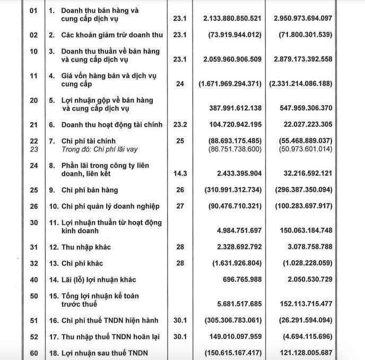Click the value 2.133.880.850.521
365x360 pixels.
tap(232, 18)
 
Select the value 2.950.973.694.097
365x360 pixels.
tap(303, 18)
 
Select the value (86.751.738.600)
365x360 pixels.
tap(232, 149)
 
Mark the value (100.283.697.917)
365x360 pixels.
tap(303, 206)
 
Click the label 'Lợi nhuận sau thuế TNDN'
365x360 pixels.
tap(103, 353)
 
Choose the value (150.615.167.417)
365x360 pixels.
tap(232, 353)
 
